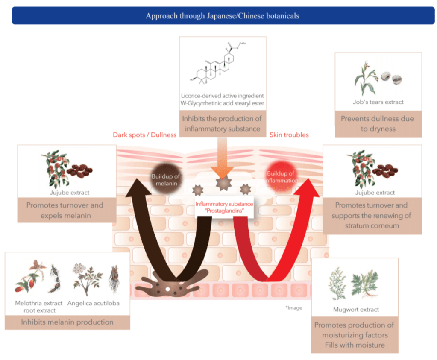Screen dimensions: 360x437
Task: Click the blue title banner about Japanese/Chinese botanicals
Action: pyautogui.click(x=222, y=16)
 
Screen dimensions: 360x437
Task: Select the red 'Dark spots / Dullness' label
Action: pyautogui.click(x=144, y=135)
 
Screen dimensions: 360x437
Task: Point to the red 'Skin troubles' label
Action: pyautogui.click(x=289, y=135)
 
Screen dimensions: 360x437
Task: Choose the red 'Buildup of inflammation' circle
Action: pyautogui.click(x=281, y=177)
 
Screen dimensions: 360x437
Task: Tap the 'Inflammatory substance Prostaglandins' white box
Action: pyautogui.click(x=224, y=208)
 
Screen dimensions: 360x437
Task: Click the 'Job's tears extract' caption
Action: pyautogui.click(x=378, y=102)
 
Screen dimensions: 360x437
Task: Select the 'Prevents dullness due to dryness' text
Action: pyautogui.click(x=378, y=124)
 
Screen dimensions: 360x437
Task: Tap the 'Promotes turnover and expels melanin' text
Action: pyautogui.click(x=65, y=210)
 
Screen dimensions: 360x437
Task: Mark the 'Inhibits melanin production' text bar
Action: pyautogui.click(x=67, y=322)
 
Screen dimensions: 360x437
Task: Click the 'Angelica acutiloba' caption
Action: pyautogui.click(x=93, y=303)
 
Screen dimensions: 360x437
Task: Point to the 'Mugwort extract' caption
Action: pyautogui.click(x=356, y=310)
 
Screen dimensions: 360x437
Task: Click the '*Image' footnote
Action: pyautogui.click(x=293, y=308)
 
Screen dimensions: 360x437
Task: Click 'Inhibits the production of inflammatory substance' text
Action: pyautogui.click(x=222, y=123)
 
